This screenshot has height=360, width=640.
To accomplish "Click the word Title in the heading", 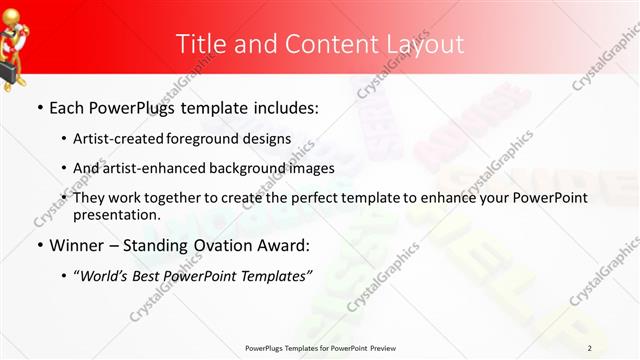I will pos(200,44).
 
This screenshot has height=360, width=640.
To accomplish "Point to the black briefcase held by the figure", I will pos(8,69).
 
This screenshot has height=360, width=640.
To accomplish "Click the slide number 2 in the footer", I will pos(590,348).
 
